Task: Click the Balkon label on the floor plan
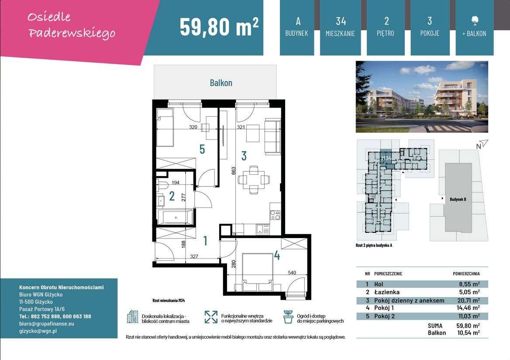coord(221,83)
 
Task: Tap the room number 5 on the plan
coord(202,149)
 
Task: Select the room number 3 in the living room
coord(244,156)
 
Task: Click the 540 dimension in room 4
coord(292,273)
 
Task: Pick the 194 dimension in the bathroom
coord(176,183)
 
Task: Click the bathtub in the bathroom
coord(175,217)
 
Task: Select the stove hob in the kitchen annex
coord(275,215)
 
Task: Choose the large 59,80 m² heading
coord(219,27)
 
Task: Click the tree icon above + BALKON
coord(474,20)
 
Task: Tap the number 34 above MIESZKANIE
coord(341,21)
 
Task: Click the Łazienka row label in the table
coord(386,292)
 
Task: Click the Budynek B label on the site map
coord(458,199)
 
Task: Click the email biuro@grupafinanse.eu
coord(47,324)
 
